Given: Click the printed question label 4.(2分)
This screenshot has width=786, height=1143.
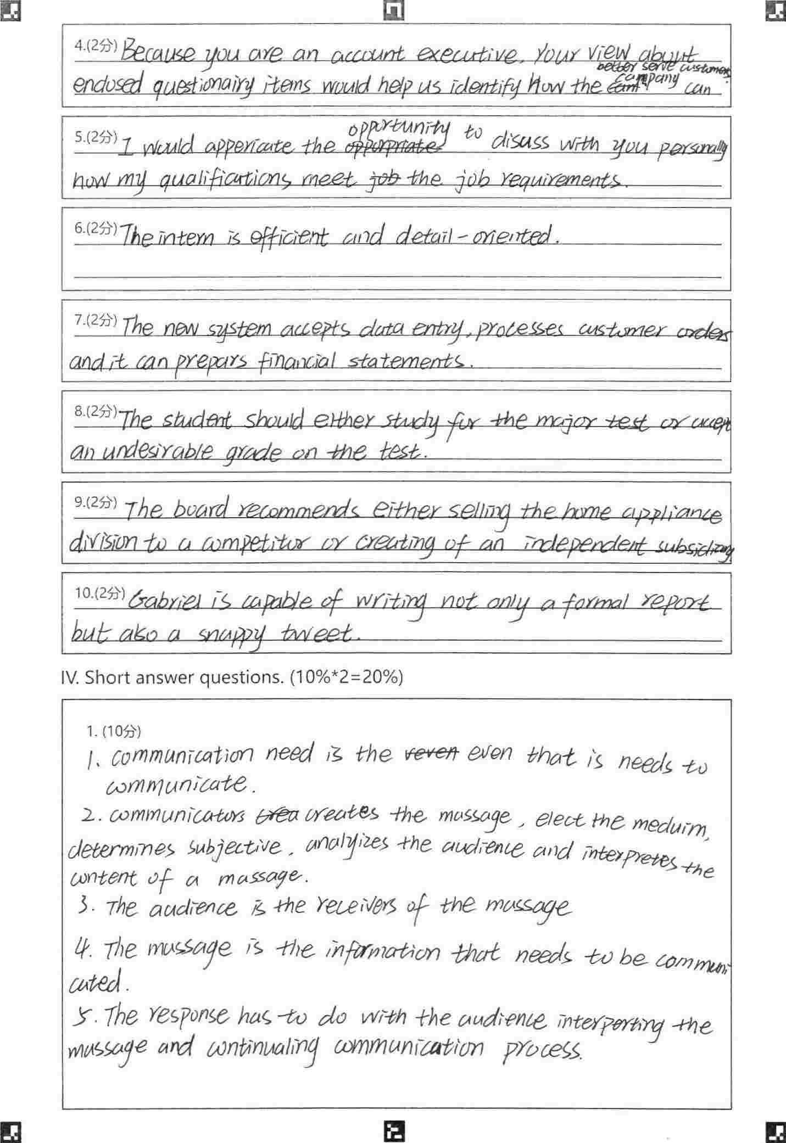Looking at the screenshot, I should pos(96,47).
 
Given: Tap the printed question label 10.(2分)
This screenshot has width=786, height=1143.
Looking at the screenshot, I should pos(99,593).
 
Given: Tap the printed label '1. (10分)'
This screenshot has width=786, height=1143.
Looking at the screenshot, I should pos(114,731).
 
